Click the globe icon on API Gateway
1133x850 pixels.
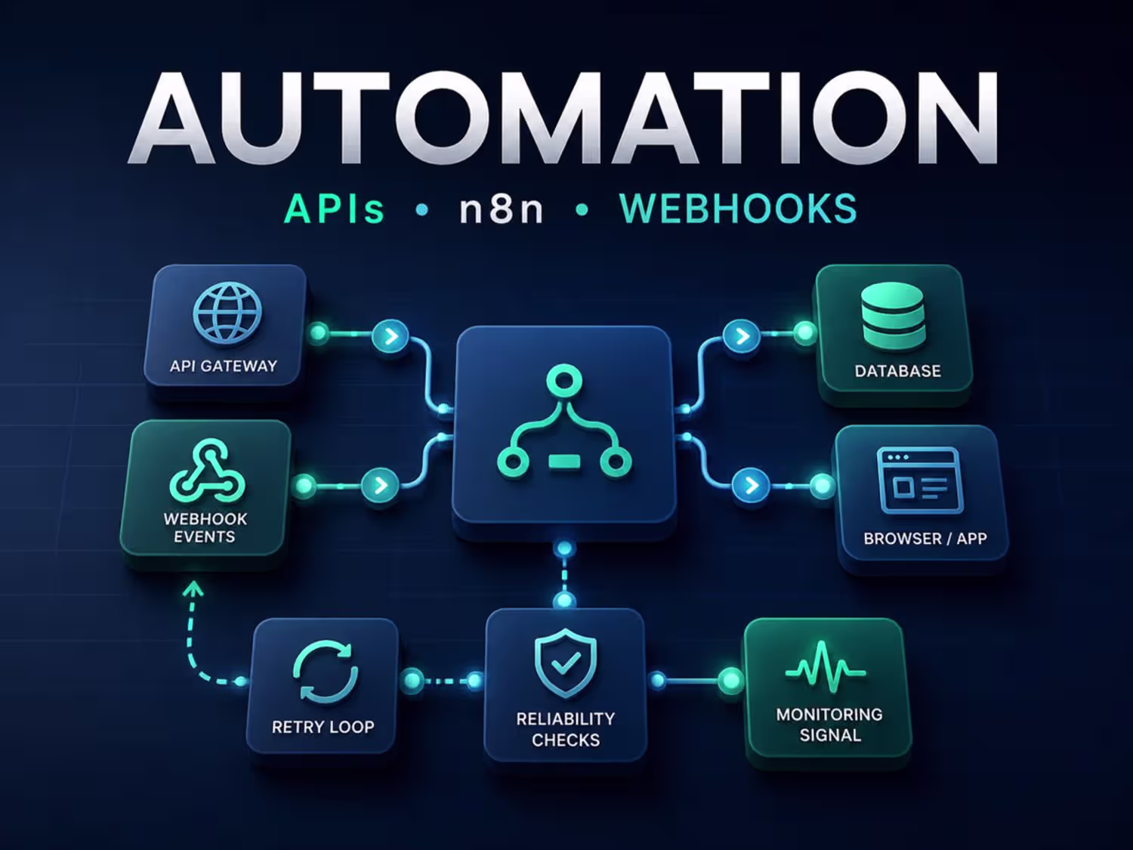(227, 314)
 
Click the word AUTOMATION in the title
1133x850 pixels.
(563, 118)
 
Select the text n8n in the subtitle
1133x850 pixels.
(502, 209)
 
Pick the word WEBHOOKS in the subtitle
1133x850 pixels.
(738, 209)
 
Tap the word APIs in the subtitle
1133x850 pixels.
(335, 209)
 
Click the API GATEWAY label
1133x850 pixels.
(224, 366)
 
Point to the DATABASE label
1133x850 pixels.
(897, 371)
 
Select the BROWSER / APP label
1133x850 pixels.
(925, 538)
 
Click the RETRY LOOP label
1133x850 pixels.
(323, 727)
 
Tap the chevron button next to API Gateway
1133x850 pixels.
(391, 336)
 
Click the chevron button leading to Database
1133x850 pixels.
(742, 336)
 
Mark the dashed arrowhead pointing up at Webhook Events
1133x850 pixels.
(193, 590)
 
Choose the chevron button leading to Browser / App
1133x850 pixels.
(751, 485)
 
